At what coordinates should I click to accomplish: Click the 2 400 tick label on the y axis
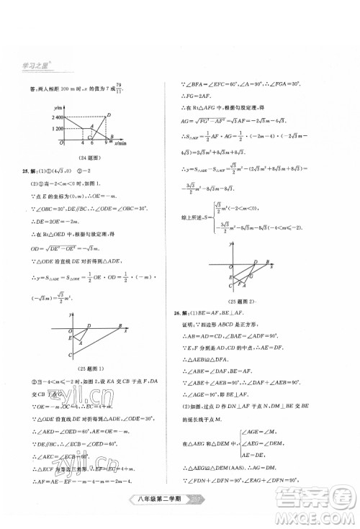pyautogui.click(x=50, y=116)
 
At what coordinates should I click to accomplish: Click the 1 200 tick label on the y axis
pyautogui.click(x=50, y=127)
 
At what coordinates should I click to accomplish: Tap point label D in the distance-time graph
pyautogui.click(x=108, y=114)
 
